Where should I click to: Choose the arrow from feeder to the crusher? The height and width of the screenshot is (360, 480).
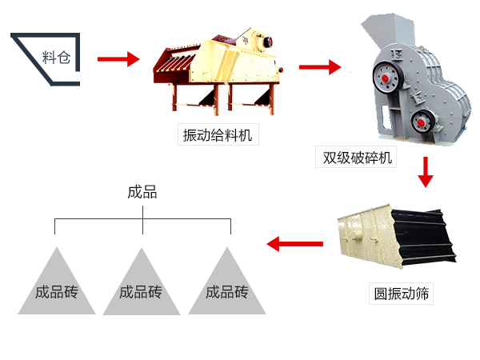tap(319, 66)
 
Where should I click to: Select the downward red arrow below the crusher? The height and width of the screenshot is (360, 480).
tap(426, 171)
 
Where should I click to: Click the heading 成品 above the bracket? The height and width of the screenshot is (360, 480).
tap(142, 192)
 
